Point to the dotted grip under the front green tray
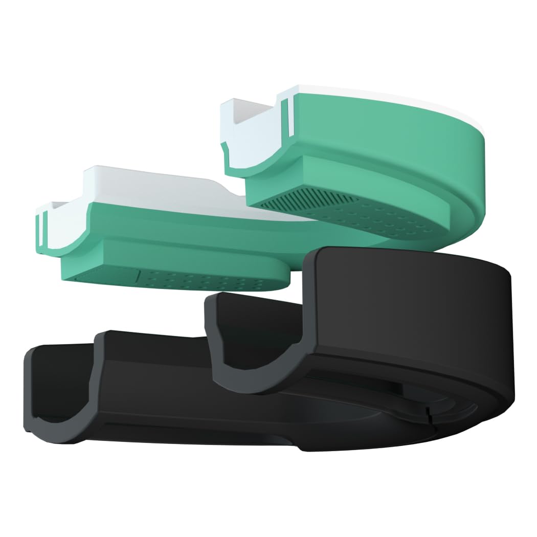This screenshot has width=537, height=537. click(205, 279)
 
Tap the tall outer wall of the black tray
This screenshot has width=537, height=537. click(409, 302)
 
